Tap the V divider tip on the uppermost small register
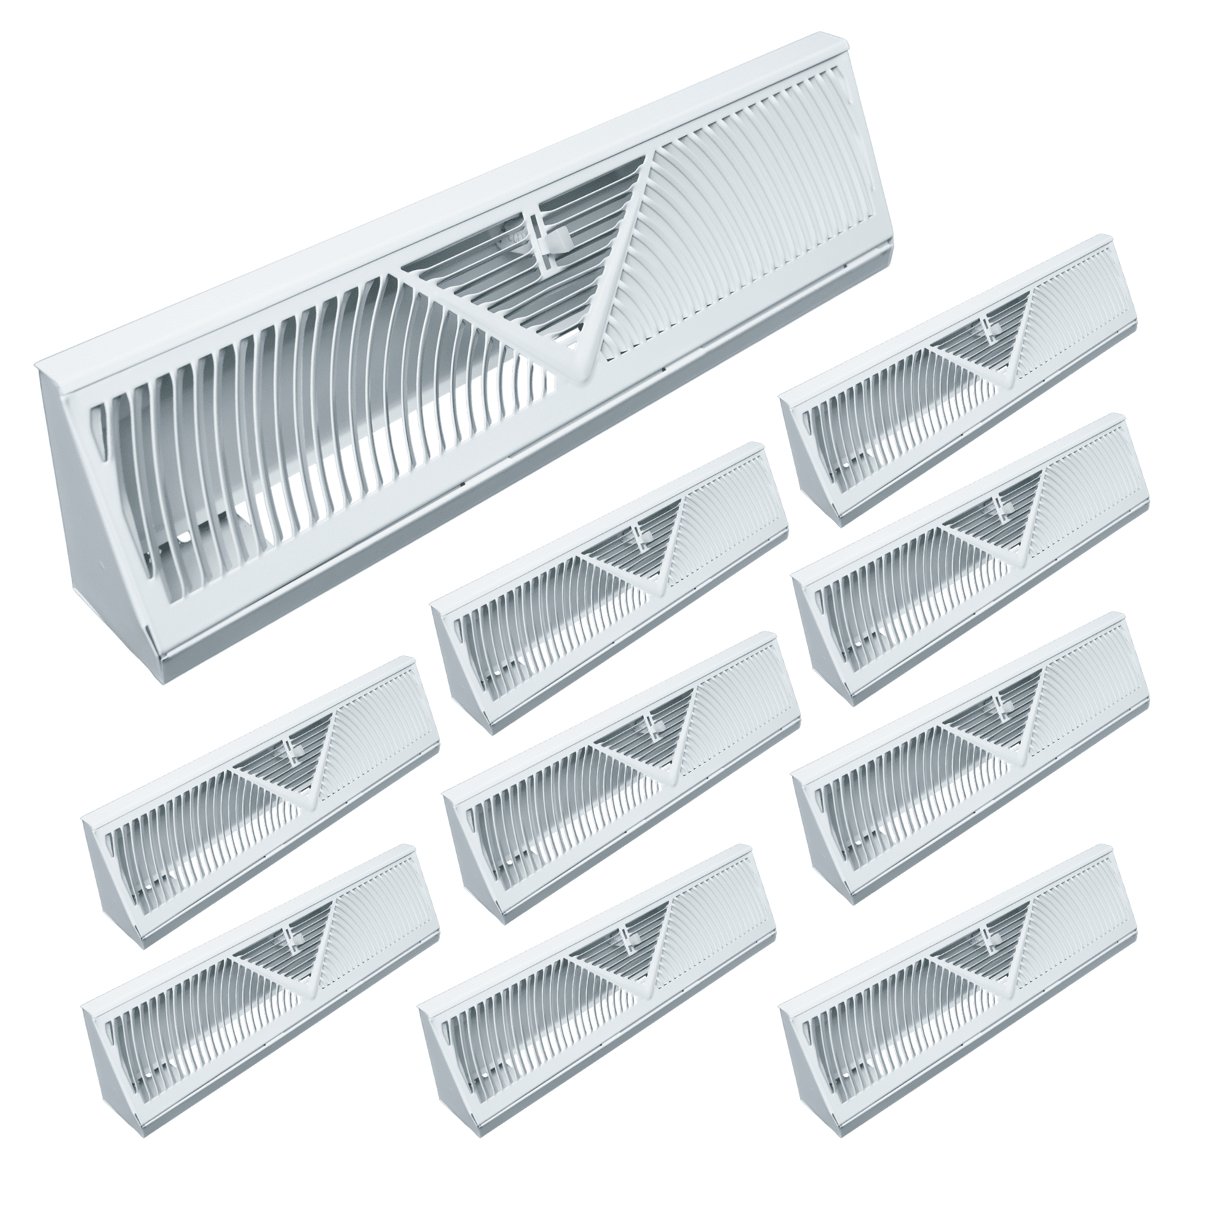pyautogui.click(x=1012, y=383)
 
